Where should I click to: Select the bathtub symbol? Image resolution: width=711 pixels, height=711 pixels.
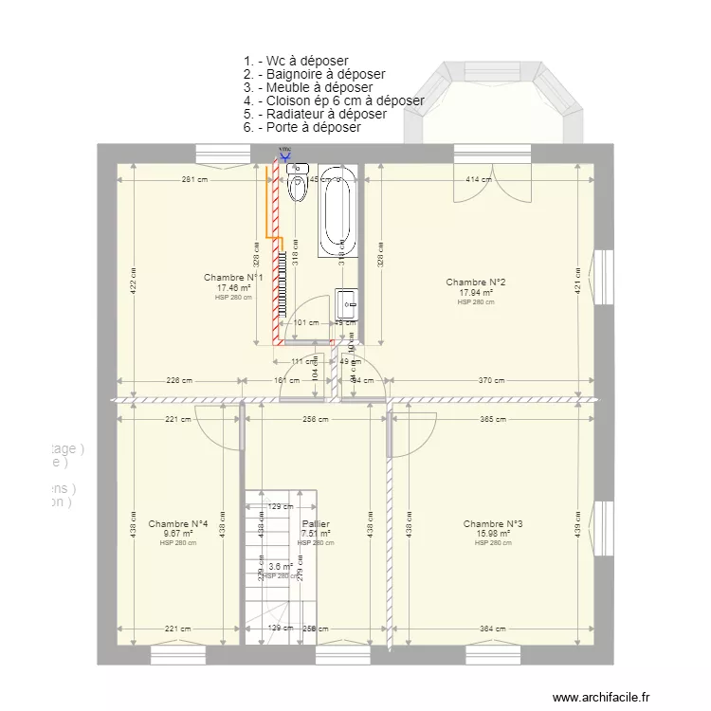click(x=337, y=213)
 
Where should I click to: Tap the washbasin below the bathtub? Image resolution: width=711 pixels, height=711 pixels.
click(x=346, y=303)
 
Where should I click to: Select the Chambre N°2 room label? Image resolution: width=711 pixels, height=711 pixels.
click(x=476, y=283)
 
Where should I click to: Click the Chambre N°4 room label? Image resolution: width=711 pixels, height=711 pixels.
click(x=178, y=524)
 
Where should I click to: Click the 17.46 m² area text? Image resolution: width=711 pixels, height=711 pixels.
click(x=234, y=288)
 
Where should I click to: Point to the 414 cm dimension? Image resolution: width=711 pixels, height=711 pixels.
click(x=479, y=179)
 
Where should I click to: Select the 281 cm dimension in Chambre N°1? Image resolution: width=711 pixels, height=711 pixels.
click(x=195, y=179)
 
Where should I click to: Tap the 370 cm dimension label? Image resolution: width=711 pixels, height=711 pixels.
click(x=491, y=381)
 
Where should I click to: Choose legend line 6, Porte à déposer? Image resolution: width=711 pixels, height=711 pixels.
click(x=302, y=127)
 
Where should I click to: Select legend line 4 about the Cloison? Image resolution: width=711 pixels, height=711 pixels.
click(x=334, y=100)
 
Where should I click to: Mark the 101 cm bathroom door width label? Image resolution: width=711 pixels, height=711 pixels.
click(x=306, y=323)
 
